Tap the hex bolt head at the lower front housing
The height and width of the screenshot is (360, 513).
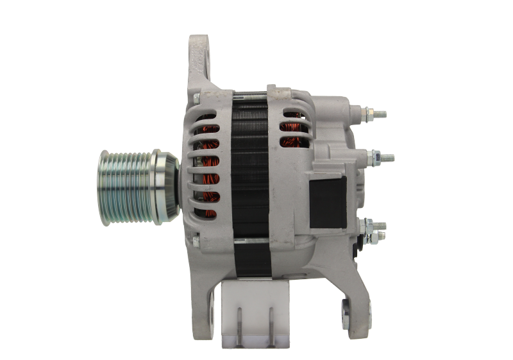point(196,241)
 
